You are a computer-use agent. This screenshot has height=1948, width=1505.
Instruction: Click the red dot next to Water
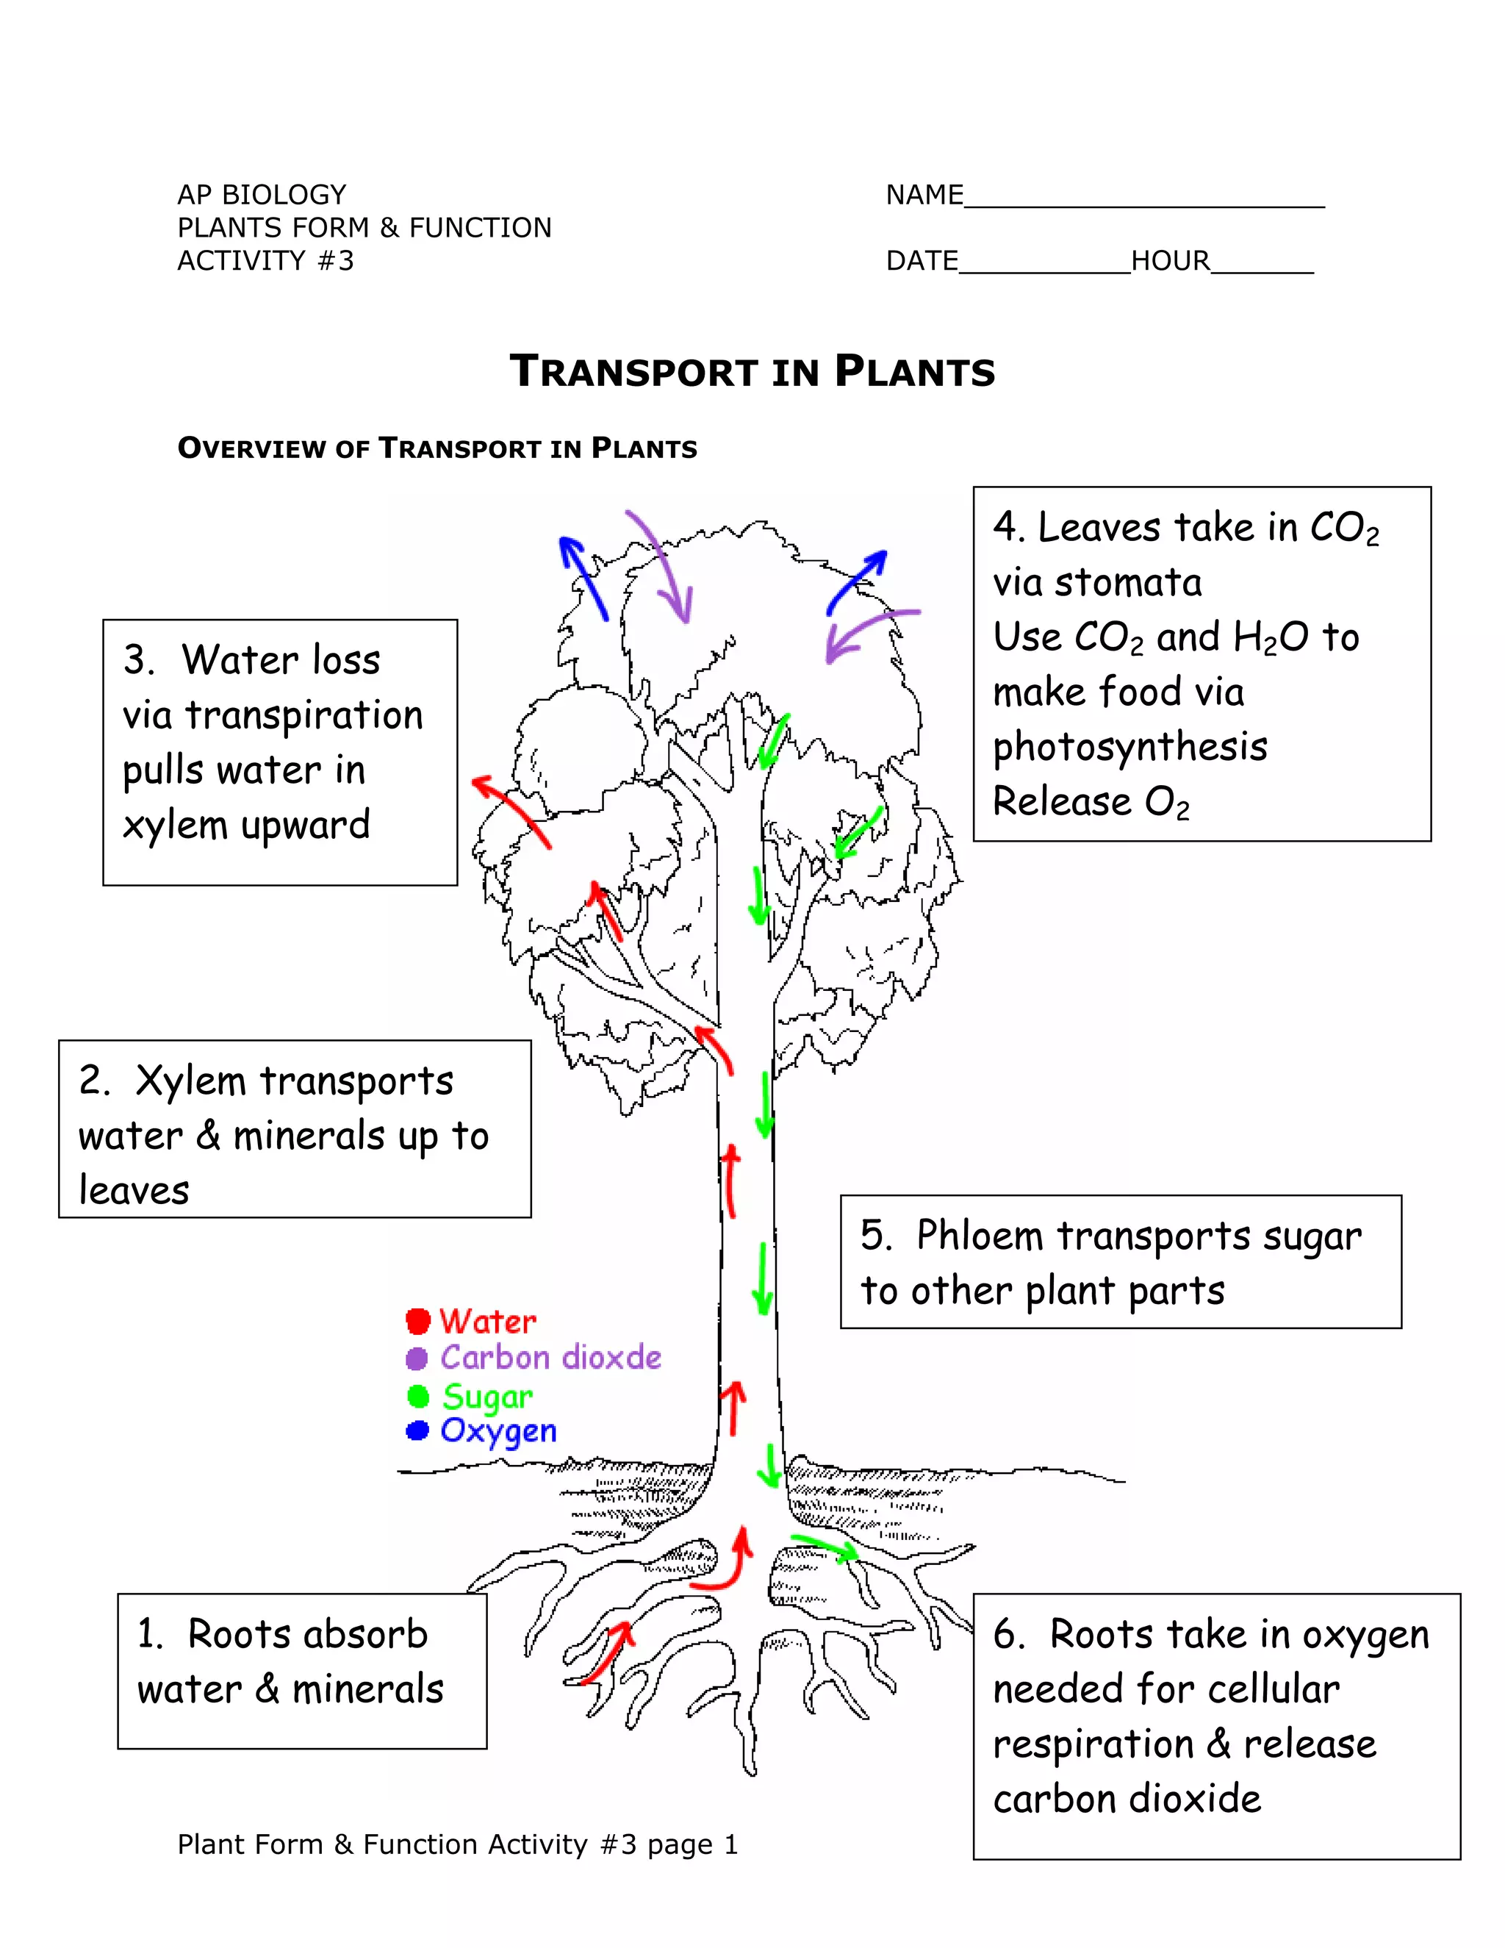pos(417,1320)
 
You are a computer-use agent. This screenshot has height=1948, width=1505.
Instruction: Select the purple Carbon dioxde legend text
pos(550,1358)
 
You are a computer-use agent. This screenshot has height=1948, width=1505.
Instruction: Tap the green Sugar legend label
pos(486,1396)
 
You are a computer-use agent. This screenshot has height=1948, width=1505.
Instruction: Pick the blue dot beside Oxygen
pos(417,1430)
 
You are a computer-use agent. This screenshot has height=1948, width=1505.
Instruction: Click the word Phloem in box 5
pos(979,1236)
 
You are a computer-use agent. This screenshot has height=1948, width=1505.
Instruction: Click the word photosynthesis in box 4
pos(1129,748)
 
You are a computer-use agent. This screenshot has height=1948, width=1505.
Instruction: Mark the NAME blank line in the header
pos(1144,201)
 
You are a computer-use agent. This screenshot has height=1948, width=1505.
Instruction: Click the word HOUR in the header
pos(1170,262)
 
